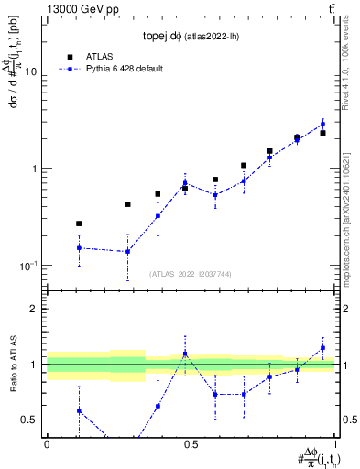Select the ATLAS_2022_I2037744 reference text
pos(191,273)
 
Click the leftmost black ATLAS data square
pos(79,224)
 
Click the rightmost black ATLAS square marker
pos(322,133)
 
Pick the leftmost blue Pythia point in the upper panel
pos(79,247)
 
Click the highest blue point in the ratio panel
pos(322,347)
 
